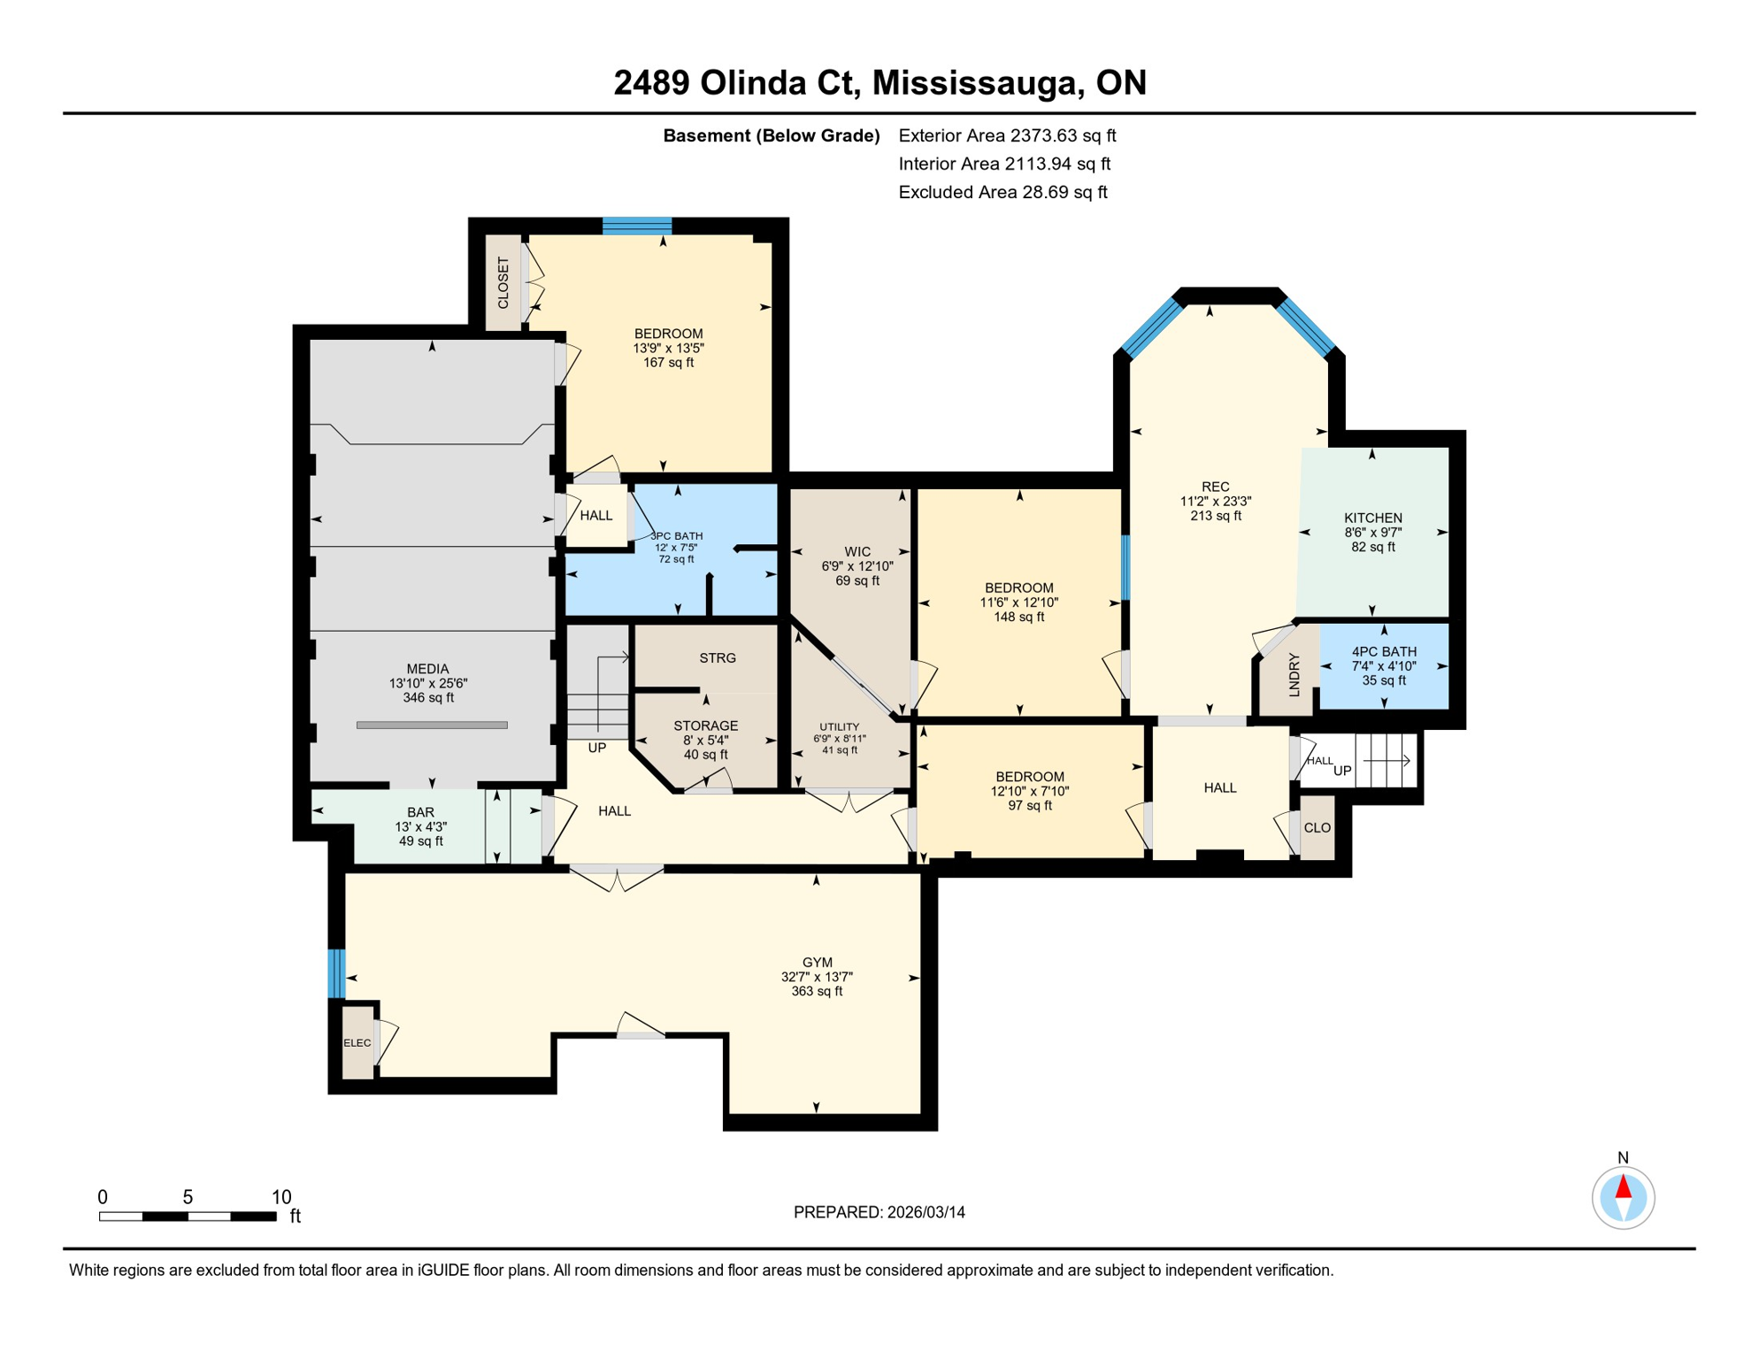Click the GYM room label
pyautogui.click(x=817, y=963)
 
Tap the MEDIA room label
pyautogui.click(x=427, y=669)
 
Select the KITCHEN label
pyautogui.click(x=1372, y=518)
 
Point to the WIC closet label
pyautogui.click(x=856, y=551)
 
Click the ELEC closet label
pyautogui.click(x=357, y=1043)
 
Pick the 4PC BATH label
pyautogui.click(x=1383, y=651)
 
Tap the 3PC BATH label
pyautogui.click(x=677, y=536)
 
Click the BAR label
pyautogui.click(x=420, y=812)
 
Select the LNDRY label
pyautogui.click(x=1294, y=674)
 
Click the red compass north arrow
pyautogui.click(x=1623, y=1186)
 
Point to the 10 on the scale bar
pyautogui.click(x=280, y=1197)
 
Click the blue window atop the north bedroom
pyautogui.click(x=637, y=226)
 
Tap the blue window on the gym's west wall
pyautogui.click(x=336, y=973)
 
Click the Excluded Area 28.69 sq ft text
pyautogui.click(x=1002, y=192)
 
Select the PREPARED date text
pyautogui.click(x=879, y=1212)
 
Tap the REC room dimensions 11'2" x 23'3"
pyautogui.click(x=1215, y=501)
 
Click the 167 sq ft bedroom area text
pyautogui.click(x=668, y=363)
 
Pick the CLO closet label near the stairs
pyautogui.click(x=1317, y=828)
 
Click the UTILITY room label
pyautogui.click(x=839, y=726)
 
